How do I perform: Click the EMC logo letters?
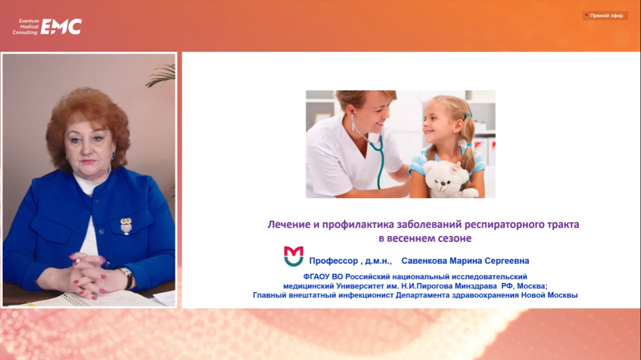click(x=61, y=27)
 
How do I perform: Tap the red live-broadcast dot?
click(x=586, y=15)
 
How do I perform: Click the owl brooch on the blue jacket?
click(x=126, y=226)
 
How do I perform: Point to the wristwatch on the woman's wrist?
click(x=127, y=277)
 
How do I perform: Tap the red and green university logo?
click(x=293, y=256)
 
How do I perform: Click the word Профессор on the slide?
click(x=333, y=261)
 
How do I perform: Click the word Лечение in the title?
click(x=289, y=225)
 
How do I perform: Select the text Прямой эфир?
click(x=606, y=16)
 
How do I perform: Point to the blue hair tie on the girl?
click(x=468, y=116)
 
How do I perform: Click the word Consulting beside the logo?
click(x=25, y=33)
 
